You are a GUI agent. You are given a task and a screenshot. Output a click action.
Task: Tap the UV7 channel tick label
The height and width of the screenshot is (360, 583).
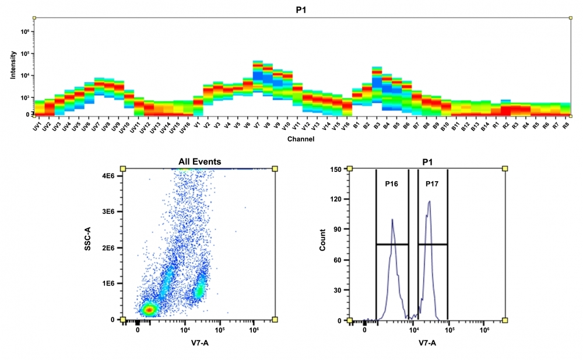click(x=97, y=126)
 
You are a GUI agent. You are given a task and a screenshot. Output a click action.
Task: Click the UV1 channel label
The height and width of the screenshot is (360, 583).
click(x=37, y=126)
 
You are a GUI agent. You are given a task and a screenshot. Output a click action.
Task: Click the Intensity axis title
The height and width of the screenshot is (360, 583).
click(x=13, y=66)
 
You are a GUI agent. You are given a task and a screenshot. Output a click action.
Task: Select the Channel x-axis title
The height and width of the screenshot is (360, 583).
click(x=301, y=139)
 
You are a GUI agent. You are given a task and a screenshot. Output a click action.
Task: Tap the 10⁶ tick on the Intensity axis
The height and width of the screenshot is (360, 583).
click(x=25, y=31)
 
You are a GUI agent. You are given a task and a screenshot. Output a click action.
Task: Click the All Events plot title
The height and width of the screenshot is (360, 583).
click(x=199, y=161)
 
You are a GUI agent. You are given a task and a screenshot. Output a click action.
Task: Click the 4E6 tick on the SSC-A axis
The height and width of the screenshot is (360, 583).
click(x=110, y=176)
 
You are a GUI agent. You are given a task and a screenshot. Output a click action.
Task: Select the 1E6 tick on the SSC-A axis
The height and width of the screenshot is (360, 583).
click(x=110, y=284)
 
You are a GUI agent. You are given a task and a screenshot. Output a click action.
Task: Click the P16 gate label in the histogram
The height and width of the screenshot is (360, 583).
click(x=391, y=183)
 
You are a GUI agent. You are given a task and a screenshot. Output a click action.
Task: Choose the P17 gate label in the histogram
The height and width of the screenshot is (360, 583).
click(x=432, y=183)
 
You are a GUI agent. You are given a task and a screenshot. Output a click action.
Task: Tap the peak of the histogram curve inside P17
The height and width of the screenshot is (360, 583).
click(x=430, y=202)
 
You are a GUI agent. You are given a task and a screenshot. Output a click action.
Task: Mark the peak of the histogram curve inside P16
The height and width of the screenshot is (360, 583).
click(x=392, y=220)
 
